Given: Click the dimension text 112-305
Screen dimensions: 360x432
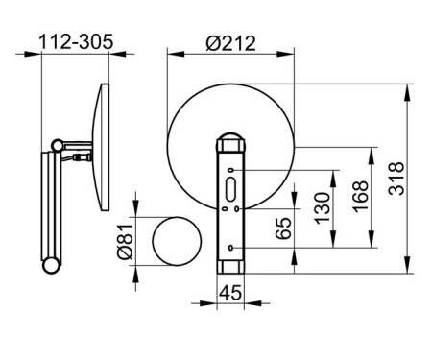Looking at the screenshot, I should [x=77, y=41].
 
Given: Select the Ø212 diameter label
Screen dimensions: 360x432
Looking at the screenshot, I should [x=231, y=41].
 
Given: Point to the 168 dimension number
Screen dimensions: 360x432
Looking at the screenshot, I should [x=359, y=197].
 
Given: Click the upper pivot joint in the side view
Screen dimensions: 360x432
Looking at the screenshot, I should [x=60, y=146].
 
